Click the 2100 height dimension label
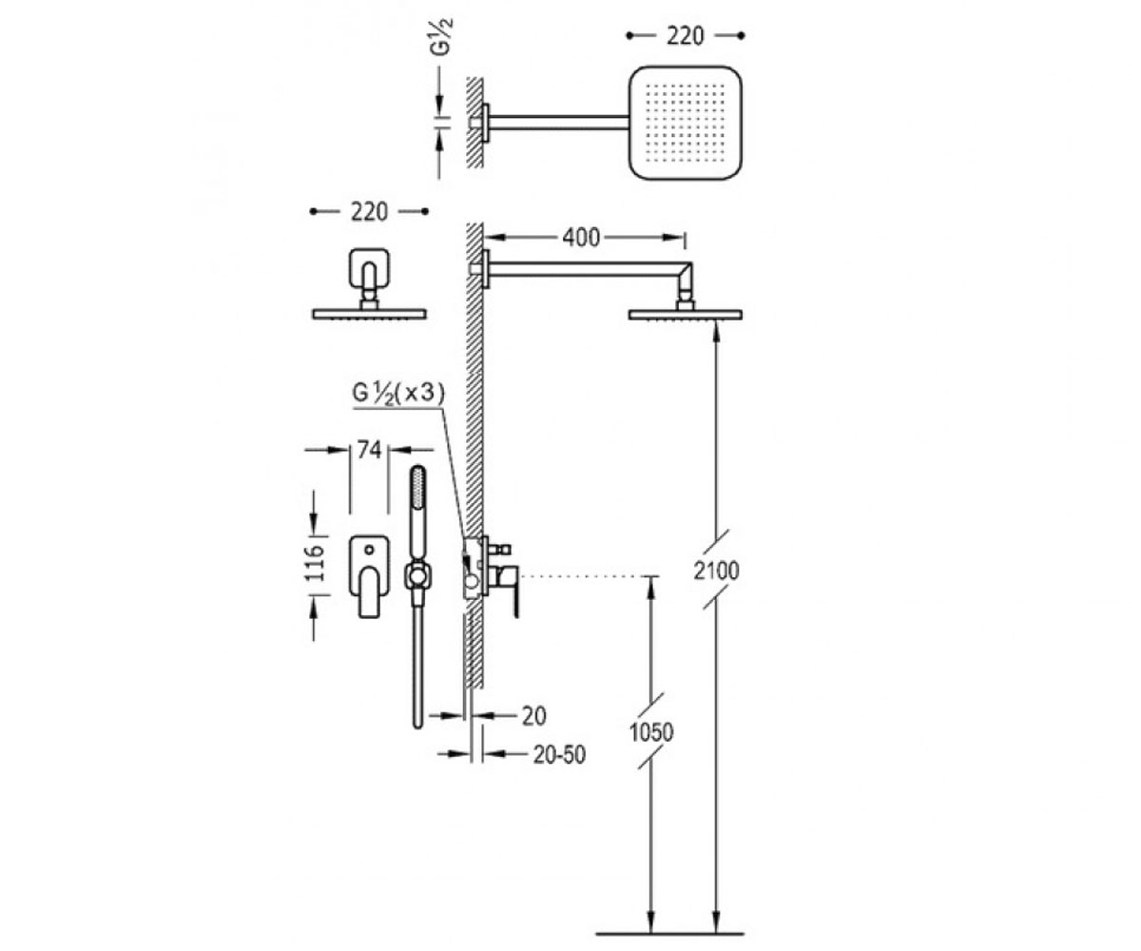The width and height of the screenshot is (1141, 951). point(716,572)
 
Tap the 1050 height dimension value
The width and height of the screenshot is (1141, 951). point(650,732)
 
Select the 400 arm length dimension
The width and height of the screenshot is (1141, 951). point(581,237)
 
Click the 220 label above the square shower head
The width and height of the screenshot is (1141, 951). point(686,36)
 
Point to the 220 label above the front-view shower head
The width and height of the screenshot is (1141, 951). point(370,212)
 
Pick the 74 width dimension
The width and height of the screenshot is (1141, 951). point(369,450)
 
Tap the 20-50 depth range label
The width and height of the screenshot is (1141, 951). point(559,755)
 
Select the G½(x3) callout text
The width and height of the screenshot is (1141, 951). point(398,393)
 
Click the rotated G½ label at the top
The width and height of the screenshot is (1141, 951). point(441,37)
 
